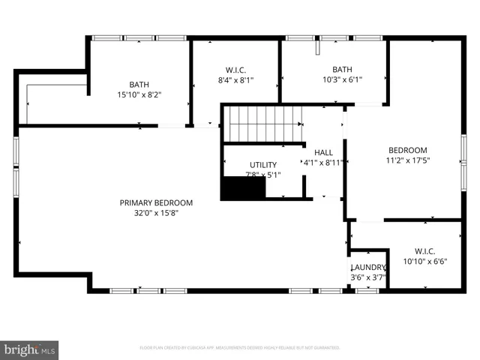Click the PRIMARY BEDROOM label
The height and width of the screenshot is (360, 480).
click(x=156, y=202)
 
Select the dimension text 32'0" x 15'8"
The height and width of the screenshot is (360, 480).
click(x=156, y=212)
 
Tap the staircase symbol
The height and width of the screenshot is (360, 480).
click(x=264, y=123)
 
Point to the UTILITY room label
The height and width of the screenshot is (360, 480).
click(x=262, y=165)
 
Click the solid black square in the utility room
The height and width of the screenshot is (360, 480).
click(x=243, y=188)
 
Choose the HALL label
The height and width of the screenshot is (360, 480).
click(x=323, y=152)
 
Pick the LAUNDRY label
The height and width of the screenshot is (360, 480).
click(x=367, y=268)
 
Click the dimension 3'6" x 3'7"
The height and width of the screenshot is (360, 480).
click(x=367, y=277)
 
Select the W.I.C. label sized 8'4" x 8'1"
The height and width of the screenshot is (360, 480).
click(x=235, y=70)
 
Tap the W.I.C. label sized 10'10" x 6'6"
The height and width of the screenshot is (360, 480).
click(x=424, y=251)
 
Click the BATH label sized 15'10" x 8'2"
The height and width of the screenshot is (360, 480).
click(x=139, y=85)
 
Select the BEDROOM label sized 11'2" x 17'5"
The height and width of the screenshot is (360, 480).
click(x=406, y=150)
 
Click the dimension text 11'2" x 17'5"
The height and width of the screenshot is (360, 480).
click(x=406, y=160)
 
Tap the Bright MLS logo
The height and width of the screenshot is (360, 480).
click(x=30, y=349)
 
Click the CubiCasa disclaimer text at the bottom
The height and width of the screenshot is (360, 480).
click(x=240, y=348)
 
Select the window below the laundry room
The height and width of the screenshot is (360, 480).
click(x=367, y=290)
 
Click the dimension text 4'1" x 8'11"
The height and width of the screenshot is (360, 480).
click(x=323, y=162)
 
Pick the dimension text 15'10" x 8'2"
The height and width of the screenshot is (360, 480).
click(x=139, y=94)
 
